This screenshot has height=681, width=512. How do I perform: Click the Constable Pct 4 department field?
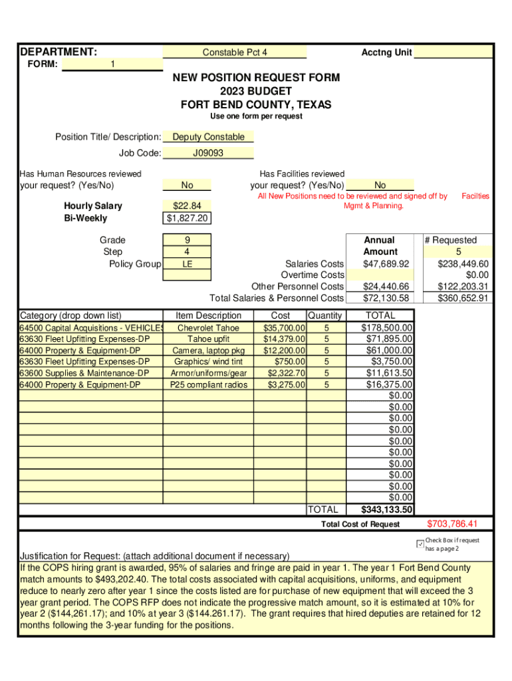coord(235,53)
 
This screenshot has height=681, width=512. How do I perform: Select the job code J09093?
coord(208,153)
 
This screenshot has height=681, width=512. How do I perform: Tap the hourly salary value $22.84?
coord(187,206)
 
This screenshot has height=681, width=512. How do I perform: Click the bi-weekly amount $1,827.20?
coord(187,218)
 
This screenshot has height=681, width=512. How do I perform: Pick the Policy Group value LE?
coord(187,264)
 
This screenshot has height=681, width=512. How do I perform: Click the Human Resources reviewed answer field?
coord(187,186)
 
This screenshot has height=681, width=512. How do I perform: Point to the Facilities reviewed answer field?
coord(380,186)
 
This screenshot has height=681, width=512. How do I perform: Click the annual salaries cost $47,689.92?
coord(386,264)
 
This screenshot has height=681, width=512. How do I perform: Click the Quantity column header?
coord(324,315)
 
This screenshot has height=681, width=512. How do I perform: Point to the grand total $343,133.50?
coord(386,510)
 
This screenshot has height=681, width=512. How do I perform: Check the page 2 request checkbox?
coord(419,544)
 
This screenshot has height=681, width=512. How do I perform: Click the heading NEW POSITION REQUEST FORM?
coord(256,78)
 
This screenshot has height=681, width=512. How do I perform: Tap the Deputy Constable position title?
coord(208,137)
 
